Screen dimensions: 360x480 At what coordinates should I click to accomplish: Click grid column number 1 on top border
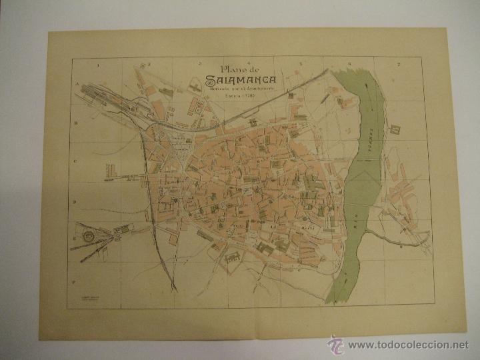tap(97, 64)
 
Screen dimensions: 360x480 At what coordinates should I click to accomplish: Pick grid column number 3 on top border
tap(200, 63)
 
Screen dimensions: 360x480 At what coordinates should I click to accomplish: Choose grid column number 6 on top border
tap(349, 63)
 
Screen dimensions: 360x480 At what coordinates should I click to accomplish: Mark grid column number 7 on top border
tap(398, 64)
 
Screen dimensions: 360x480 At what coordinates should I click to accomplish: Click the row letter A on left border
tap(77, 85)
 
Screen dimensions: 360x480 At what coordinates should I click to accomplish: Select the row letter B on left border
tap(76, 123)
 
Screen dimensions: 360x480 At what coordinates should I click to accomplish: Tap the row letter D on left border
tap(75, 201)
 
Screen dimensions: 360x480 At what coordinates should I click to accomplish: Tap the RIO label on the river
tap(358, 227)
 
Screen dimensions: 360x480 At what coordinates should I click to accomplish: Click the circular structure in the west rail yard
tap(87, 234)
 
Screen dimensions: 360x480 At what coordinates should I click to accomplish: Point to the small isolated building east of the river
tap(395, 127)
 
